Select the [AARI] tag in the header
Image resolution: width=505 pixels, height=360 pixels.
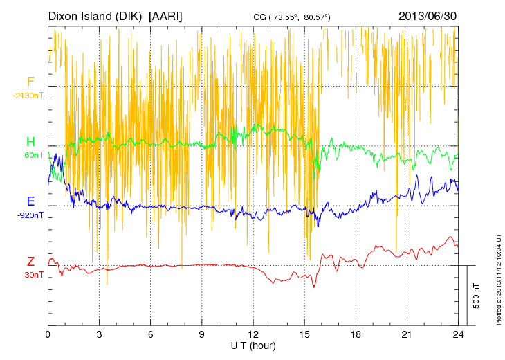pyautogui.click(x=166, y=15)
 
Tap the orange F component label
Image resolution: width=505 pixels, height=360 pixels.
pyautogui.click(x=30, y=82)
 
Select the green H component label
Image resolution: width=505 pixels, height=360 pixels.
pyautogui.click(x=30, y=142)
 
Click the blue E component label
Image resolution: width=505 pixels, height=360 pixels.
pyautogui.click(x=30, y=201)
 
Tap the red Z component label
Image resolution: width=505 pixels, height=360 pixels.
pyautogui.click(x=30, y=261)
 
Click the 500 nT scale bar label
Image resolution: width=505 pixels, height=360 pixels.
pyautogui.click(x=477, y=295)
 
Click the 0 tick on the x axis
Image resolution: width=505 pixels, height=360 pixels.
pyautogui.click(x=48, y=334)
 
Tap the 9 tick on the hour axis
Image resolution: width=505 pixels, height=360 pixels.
pyautogui.click(x=202, y=334)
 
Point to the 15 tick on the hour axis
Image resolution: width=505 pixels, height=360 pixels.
pyautogui.click(x=304, y=334)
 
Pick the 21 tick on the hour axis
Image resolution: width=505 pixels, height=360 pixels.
pyautogui.click(x=407, y=334)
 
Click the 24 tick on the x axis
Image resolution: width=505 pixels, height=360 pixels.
pyautogui.click(x=458, y=334)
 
